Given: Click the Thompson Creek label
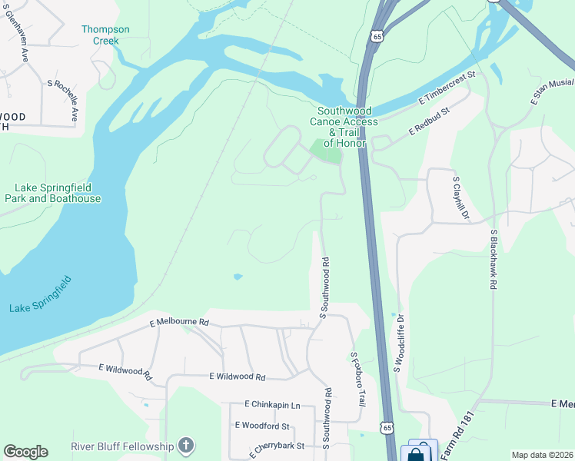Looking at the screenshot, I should pos(106,35).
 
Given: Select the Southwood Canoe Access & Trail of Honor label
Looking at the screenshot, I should pos(344,127).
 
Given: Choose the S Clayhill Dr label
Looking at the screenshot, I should pos(460,198).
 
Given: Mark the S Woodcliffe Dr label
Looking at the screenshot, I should pos(399,342).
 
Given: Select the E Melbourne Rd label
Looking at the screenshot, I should pos(179,322).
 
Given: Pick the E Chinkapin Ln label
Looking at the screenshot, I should pos(272,404).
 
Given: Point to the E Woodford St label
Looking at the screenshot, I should pos(262,425).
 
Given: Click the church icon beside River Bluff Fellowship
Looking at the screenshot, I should pos(185,445).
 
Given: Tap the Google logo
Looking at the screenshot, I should pos(25,452).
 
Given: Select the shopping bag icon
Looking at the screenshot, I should pos(416,453).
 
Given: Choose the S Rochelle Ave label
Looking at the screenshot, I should pos(63,100).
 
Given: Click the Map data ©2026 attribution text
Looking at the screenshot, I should pos(541,455).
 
